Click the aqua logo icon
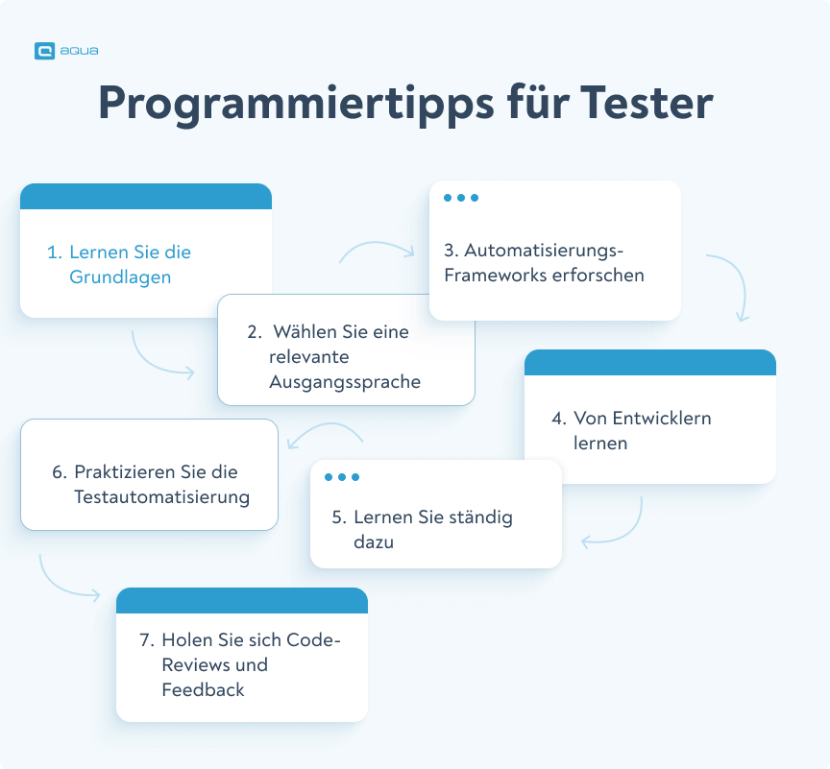click(x=44, y=52)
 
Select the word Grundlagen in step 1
click(x=120, y=277)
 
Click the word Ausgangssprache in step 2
click(x=345, y=381)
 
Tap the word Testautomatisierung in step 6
click(x=161, y=497)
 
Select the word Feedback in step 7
click(x=203, y=689)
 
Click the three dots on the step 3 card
click(x=461, y=198)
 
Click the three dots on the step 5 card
click(x=342, y=477)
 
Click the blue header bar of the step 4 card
click(x=650, y=362)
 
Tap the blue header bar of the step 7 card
click(x=242, y=600)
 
